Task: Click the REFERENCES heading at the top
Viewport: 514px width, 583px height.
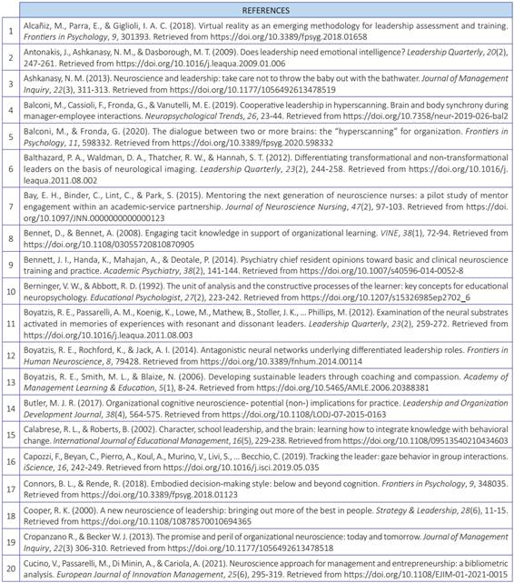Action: pyautogui.click(x=257, y=11)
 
